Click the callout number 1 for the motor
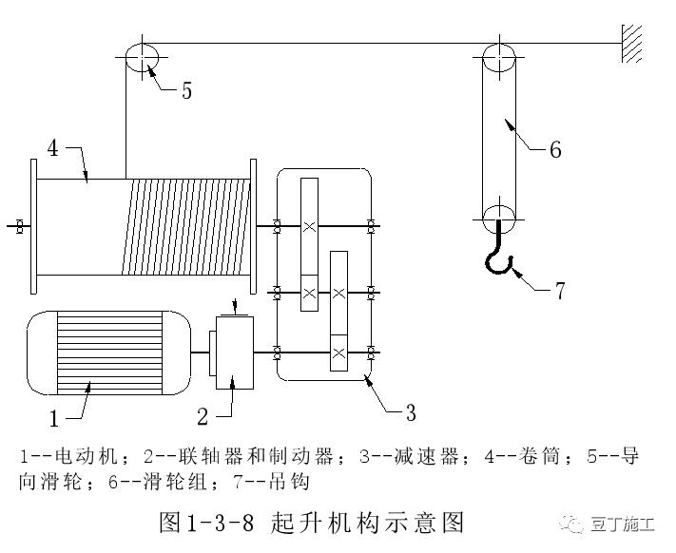click(x=54, y=415)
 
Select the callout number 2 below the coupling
click(x=203, y=415)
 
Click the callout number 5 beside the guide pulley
click(x=186, y=90)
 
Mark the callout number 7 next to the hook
click(x=560, y=291)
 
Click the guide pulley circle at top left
click(x=140, y=56)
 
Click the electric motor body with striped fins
click(x=95, y=352)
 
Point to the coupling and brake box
click(x=232, y=353)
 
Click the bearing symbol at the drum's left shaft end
click(x=19, y=226)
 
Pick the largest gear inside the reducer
click(x=309, y=226)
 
